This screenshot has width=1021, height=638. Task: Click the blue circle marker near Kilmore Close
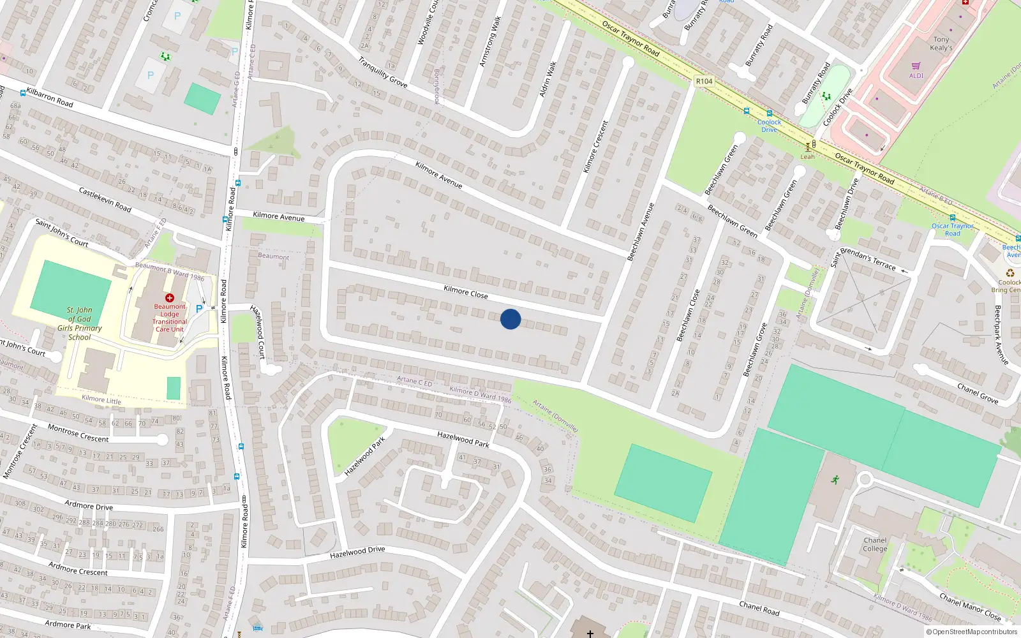(511, 319)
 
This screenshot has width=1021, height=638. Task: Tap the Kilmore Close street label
(465, 293)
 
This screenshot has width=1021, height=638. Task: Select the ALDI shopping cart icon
(916, 66)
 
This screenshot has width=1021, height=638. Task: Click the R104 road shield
(704, 81)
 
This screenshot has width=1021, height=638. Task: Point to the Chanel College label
(875, 544)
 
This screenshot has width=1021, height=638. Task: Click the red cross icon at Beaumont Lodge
(170, 298)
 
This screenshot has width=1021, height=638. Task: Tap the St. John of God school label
(80, 323)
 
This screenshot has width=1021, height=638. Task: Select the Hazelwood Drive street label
(357, 552)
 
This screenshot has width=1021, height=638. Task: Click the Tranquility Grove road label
(382, 73)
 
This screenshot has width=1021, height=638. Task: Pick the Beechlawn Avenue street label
(641, 232)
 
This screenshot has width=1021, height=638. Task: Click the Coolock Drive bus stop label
(769, 126)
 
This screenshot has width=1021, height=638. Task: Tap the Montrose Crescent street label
(78, 434)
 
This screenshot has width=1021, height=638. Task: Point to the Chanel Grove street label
(977, 393)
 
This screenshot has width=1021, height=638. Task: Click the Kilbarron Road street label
(50, 97)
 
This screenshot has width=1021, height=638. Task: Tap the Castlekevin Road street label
(105, 199)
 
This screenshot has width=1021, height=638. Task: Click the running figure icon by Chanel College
(835, 480)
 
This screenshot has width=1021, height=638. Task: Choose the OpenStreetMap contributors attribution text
(972, 632)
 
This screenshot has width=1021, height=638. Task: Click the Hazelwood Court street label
(258, 332)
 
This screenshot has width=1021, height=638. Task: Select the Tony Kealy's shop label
(941, 43)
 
